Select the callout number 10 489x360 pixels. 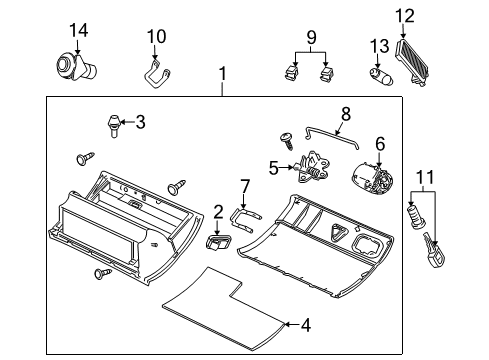(x=154, y=37)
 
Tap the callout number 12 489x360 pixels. (x=404, y=14)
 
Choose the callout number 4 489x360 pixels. (x=306, y=324)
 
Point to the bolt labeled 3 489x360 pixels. (x=113, y=125)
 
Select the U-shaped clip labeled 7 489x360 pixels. (x=242, y=216)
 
